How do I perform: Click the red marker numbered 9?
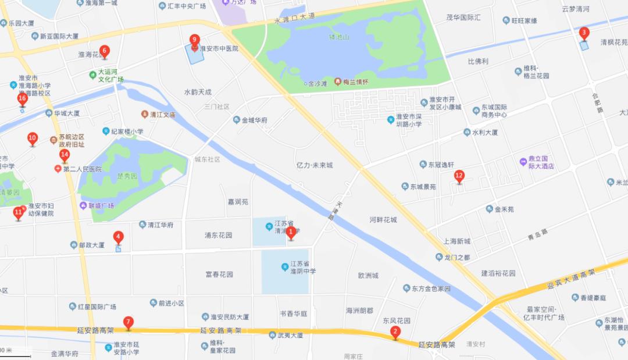(195, 40)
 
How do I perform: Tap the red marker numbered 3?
(584, 33)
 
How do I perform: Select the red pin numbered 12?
(459, 176)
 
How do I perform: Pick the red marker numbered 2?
(395, 333)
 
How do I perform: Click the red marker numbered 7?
(128, 322)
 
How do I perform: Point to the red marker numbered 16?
(22, 99)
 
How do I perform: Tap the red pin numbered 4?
(119, 237)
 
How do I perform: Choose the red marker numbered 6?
(104, 51)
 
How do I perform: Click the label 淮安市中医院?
(219, 49)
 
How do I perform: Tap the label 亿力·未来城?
(314, 165)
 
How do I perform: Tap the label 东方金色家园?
(431, 288)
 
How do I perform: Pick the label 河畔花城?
(383, 220)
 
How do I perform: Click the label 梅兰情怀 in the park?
(355, 82)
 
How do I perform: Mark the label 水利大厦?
(485, 133)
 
